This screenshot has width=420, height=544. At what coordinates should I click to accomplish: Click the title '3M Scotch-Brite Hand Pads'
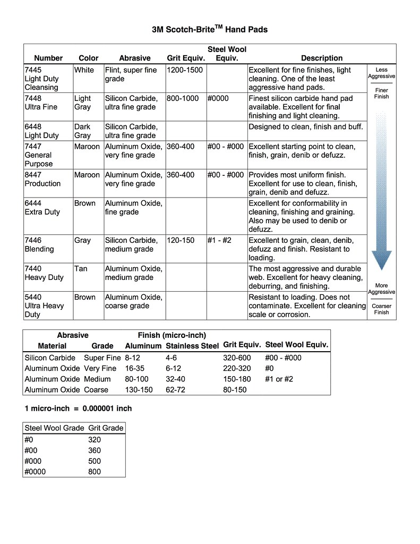[x=210, y=30]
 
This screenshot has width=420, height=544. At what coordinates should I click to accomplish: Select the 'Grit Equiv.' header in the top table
[x=186, y=58]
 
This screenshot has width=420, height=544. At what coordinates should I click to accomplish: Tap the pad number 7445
[x=33, y=70]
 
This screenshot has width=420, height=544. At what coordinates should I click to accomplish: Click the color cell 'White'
[x=84, y=70]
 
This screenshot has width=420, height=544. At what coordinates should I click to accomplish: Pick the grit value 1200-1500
[x=185, y=70]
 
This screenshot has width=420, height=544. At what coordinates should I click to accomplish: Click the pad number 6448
[x=33, y=127]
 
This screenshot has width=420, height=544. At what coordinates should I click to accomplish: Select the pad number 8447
[x=33, y=175]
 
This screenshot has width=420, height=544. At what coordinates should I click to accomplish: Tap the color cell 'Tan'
[x=81, y=269]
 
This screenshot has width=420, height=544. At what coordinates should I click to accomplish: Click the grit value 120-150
[x=181, y=240]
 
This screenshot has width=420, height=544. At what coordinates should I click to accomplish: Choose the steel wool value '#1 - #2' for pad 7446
[x=219, y=240]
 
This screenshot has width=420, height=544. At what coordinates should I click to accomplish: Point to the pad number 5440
[x=33, y=297]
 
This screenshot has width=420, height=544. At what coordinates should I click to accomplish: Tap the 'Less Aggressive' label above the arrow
[x=381, y=73]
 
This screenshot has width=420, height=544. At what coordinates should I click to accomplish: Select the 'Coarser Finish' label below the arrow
[x=381, y=309]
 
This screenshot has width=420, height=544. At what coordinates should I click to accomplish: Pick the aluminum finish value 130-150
[x=139, y=390]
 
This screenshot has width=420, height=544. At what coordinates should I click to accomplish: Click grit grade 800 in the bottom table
[x=95, y=472]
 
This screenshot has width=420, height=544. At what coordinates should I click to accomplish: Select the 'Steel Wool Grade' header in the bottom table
[x=54, y=428]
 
